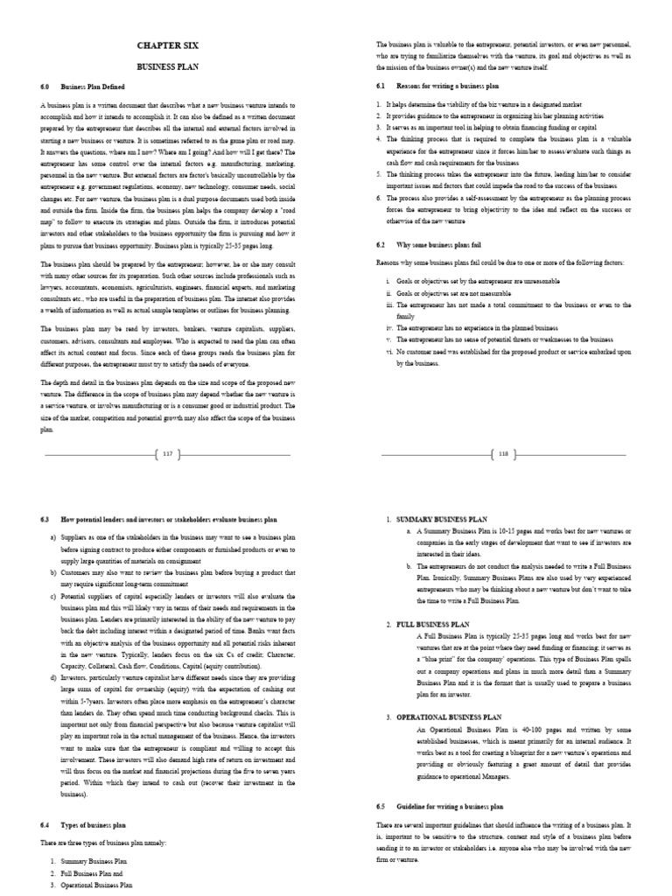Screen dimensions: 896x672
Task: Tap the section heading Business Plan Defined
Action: (93, 87)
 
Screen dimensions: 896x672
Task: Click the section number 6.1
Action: (381, 85)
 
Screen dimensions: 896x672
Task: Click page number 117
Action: (169, 454)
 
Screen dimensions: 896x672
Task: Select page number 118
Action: (502, 454)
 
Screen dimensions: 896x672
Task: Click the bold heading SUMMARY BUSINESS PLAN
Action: (438, 520)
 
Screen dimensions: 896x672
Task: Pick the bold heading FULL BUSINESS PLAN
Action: (431, 623)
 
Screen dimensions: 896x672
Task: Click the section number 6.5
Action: (381, 805)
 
